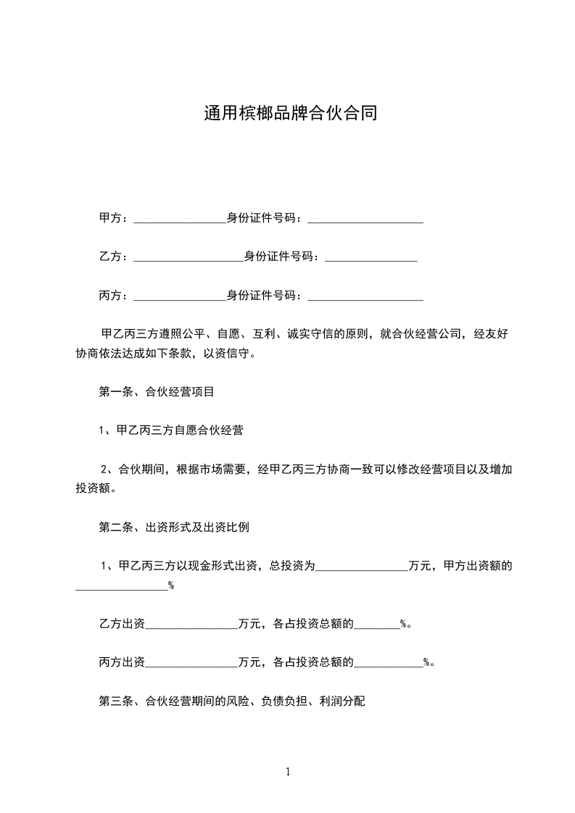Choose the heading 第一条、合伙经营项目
[156, 392]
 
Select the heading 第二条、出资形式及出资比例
[174, 528]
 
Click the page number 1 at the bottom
[288, 772]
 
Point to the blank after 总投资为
[361, 566]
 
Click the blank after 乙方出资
[191, 623]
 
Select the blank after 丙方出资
[191, 662]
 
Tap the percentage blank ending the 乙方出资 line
[376, 623]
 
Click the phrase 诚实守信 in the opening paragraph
[303, 334]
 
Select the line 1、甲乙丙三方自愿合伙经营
[171, 430]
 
